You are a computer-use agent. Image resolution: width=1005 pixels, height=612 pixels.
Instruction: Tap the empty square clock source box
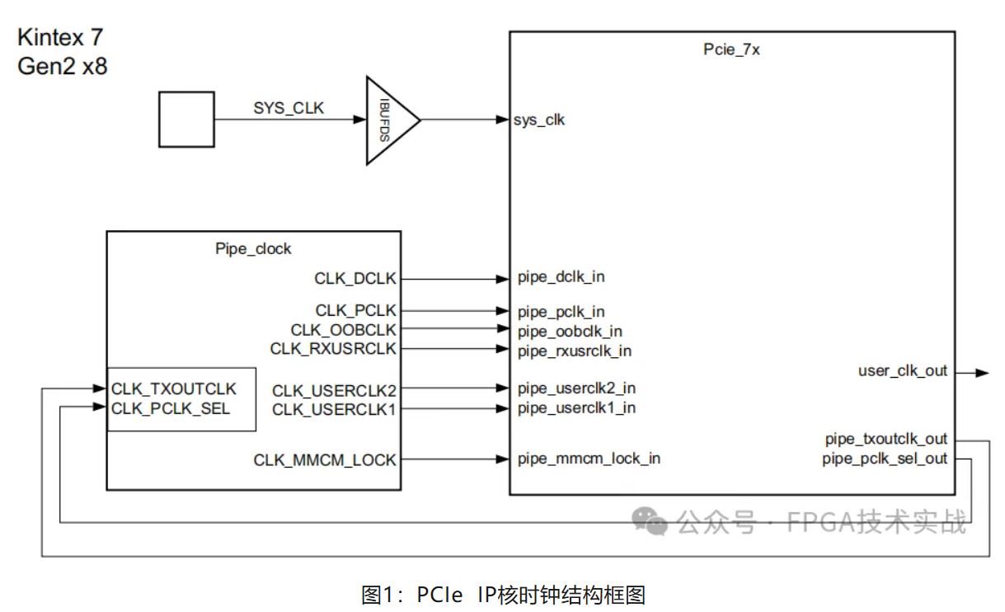coord(186,120)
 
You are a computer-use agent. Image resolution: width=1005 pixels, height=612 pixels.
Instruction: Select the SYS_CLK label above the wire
coord(289,108)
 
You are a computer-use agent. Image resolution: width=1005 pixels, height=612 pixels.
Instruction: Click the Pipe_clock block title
coord(253,248)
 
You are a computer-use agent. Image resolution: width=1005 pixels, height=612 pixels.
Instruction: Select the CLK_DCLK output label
coord(355,279)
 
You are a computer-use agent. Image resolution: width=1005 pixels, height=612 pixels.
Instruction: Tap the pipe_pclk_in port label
coord(561,312)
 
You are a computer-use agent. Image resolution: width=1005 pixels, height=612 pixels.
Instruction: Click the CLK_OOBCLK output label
coord(343,330)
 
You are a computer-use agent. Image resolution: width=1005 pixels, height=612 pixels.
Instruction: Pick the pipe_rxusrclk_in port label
coord(575,351)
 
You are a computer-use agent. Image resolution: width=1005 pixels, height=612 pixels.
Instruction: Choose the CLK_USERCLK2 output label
coord(334,390)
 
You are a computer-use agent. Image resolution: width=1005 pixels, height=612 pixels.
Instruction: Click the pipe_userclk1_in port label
coord(576,407)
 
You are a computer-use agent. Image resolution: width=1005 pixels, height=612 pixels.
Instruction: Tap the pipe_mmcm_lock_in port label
coord(589,459)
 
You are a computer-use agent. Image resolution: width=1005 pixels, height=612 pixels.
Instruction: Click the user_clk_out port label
coord(903,372)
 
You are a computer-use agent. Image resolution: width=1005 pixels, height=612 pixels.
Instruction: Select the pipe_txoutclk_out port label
coord(886,439)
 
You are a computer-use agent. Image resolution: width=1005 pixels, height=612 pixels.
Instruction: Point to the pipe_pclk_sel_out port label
coord(885,459)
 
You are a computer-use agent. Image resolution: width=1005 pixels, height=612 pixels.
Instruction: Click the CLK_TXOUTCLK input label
coord(174,388)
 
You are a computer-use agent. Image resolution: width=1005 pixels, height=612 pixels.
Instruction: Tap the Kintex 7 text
coord(61,37)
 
